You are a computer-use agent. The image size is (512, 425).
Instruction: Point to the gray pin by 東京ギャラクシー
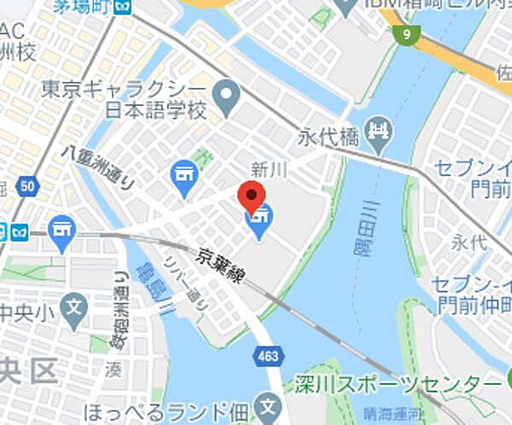[x=226, y=100]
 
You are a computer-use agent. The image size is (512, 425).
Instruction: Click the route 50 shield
[x=28, y=186]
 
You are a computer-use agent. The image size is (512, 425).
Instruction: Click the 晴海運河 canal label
[x=390, y=413]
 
